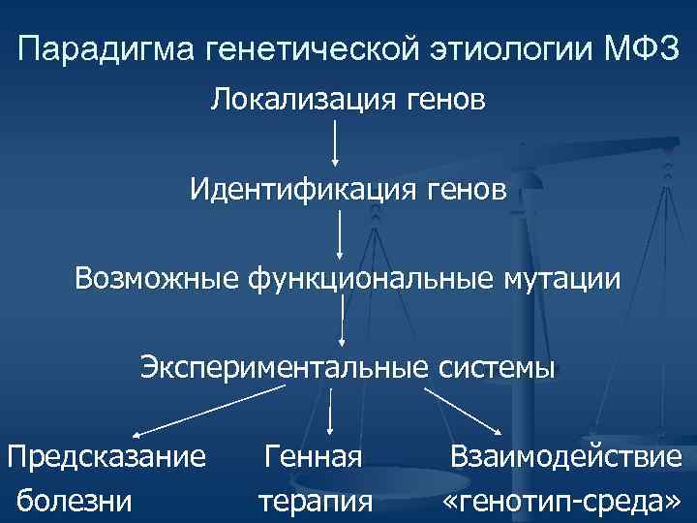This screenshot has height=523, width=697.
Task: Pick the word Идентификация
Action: (x=301, y=188)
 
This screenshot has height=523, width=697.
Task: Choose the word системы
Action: (x=497, y=368)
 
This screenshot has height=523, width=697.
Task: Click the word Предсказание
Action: (x=106, y=454)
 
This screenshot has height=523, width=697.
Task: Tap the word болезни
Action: (x=76, y=501)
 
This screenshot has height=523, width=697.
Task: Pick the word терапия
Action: (x=316, y=501)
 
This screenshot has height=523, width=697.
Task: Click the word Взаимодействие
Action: (x=565, y=454)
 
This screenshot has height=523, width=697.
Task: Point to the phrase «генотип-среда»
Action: (x=561, y=501)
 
